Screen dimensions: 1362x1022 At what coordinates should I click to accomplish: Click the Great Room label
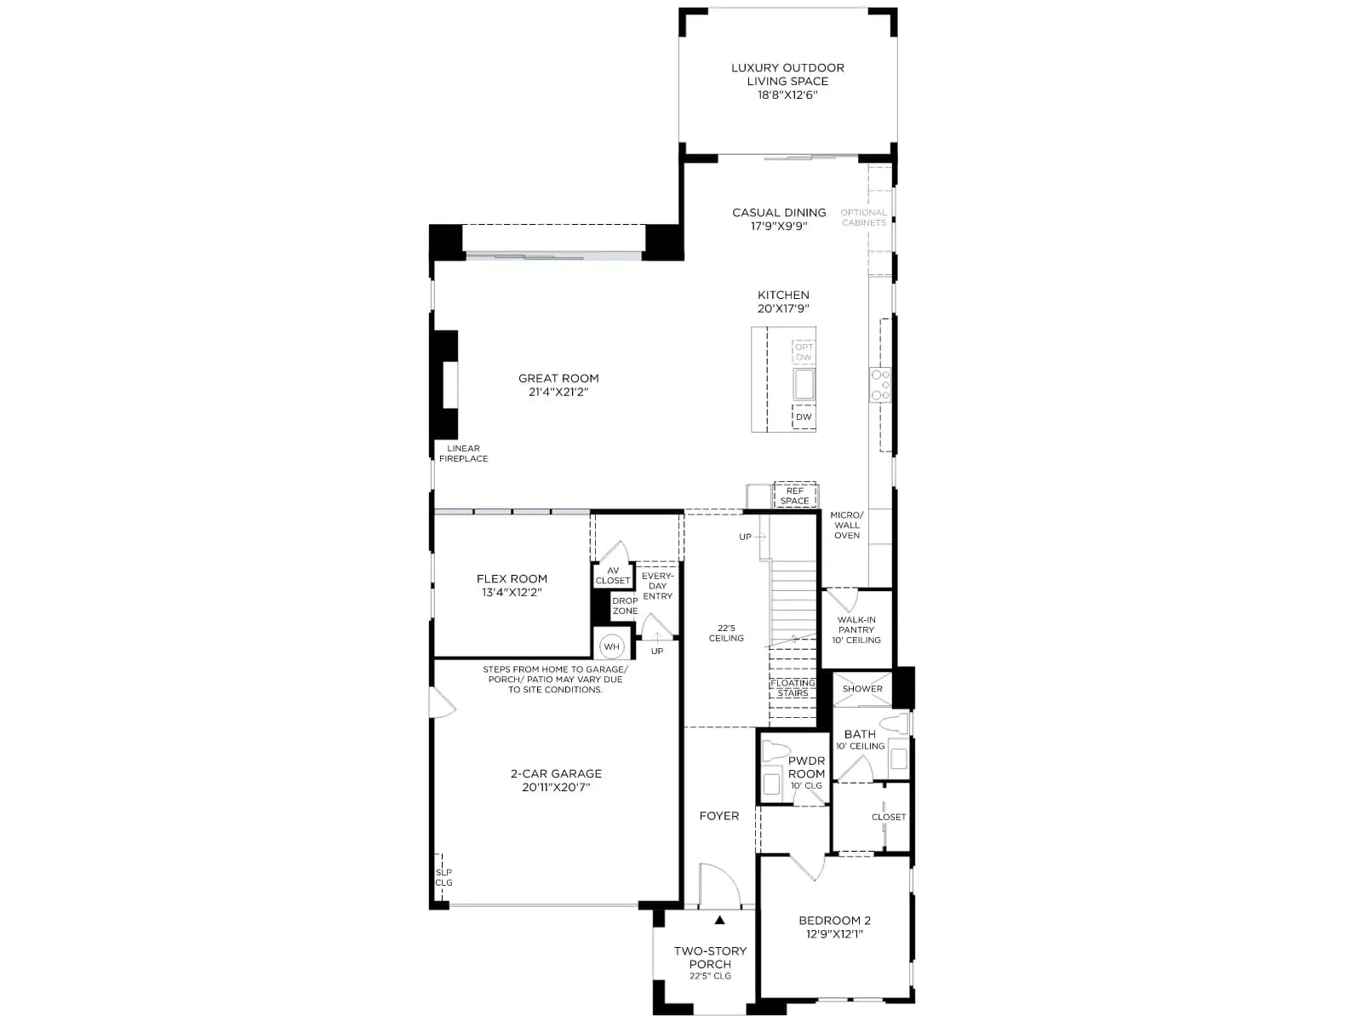click(558, 385)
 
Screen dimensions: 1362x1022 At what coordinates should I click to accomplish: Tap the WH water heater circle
click(611, 646)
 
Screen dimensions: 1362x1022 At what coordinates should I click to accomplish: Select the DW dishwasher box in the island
click(804, 417)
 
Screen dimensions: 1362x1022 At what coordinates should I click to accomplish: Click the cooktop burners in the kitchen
click(880, 385)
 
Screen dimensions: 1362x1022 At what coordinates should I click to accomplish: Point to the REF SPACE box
click(794, 496)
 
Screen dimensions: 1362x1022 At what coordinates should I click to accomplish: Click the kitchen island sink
click(804, 384)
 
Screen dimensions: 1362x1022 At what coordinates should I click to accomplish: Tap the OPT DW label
click(804, 352)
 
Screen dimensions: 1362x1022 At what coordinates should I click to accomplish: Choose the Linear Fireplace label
click(464, 453)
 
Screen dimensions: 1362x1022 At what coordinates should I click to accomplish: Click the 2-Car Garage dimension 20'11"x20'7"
click(555, 787)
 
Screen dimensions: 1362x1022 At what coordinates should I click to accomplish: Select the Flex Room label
click(512, 585)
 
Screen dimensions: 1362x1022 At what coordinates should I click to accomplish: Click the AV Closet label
click(613, 575)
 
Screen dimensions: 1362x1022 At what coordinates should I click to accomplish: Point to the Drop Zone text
click(625, 606)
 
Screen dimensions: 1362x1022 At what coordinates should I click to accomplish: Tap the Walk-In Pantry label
click(856, 629)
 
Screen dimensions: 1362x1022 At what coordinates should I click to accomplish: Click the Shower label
click(861, 689)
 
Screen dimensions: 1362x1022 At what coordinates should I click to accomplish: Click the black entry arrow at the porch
click(719, 920)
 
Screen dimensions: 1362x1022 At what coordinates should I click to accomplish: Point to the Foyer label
click(719, 816)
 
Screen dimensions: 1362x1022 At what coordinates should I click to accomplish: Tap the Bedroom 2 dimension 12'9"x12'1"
click(834, 934)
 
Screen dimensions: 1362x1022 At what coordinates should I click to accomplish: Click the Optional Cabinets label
click(864, 217)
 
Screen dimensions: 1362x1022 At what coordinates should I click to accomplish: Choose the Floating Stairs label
click(793, 688)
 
